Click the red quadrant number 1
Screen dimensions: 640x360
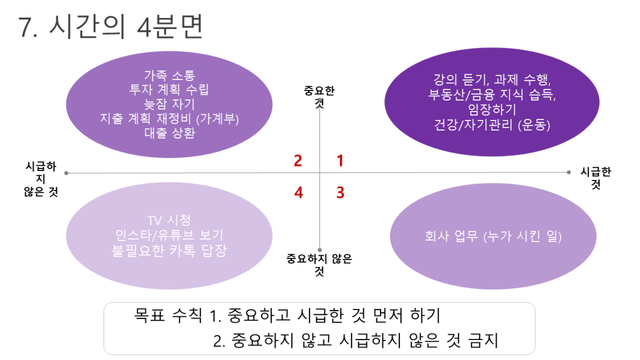(340, 161)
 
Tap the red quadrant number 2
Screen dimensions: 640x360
(298, 161)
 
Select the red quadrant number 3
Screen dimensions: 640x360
(341, 192)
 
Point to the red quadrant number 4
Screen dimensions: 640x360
(298, 192)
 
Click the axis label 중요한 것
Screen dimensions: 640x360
(319, 97)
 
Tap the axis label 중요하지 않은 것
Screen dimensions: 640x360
(319, 265)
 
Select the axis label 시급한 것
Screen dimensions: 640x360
(596, 178)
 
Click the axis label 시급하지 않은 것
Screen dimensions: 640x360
(41, 179)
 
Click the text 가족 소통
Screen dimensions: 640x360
(169, 75)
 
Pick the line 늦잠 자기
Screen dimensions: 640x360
(169, 104)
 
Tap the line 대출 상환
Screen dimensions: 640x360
(169, 133)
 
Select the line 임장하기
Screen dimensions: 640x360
(492, 109)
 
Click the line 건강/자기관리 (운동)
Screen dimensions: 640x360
(492, 125)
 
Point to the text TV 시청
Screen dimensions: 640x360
(169, 220)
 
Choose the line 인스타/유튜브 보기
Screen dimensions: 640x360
(169, 235)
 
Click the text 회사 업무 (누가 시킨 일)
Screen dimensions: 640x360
(493, 236)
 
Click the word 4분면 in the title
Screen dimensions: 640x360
(170, 26)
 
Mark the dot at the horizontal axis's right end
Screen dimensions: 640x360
(568, 172)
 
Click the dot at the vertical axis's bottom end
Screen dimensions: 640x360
(319, 250)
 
